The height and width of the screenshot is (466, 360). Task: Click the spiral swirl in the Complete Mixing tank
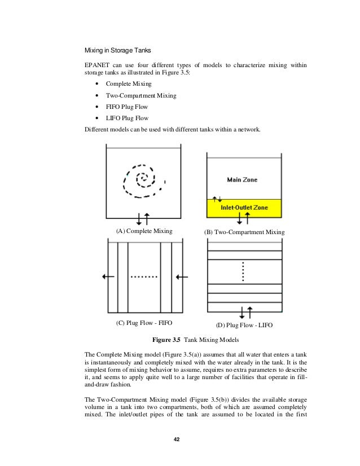tap(143, 181)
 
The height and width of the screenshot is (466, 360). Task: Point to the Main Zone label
tap(242, 180)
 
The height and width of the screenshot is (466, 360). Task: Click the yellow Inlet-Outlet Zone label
tap(244, 208)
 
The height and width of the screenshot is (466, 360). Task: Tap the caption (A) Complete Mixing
tap(143, 231)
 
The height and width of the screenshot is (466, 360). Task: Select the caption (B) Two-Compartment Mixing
tap(244, 232)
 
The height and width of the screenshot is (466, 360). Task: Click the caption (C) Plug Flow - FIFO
tap(143, 323)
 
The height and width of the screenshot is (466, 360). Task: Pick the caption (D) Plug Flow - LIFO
tap(244, 326)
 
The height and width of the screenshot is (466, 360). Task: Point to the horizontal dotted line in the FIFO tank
tap(144, 278)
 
